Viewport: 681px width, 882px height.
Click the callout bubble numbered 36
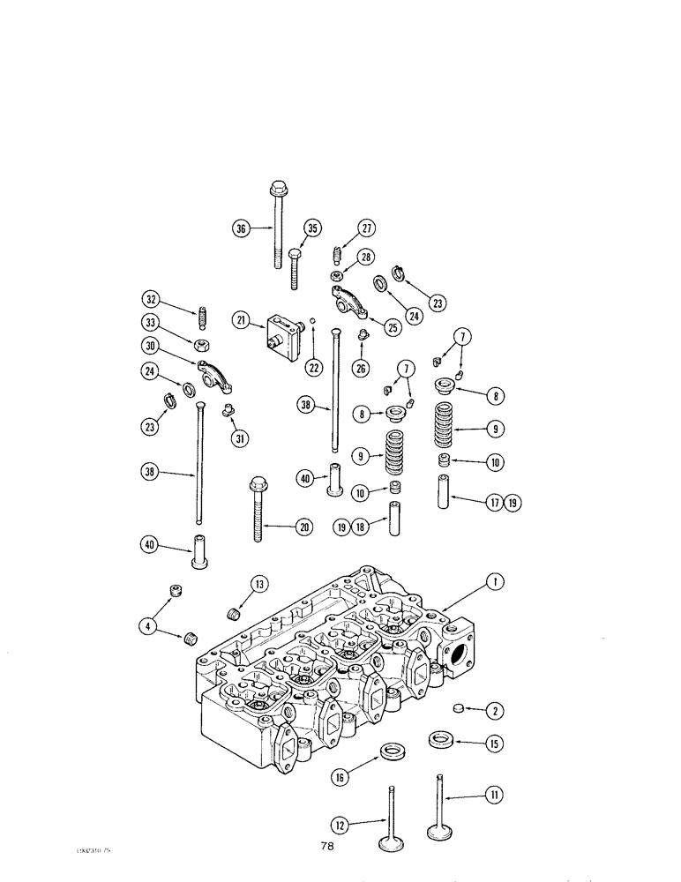(x=240, y=228)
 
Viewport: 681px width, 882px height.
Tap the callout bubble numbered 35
(x=311, y=228)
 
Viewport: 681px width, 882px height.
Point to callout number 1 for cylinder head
(x=496, y=582)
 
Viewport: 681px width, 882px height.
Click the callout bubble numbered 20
(x=303, y=527)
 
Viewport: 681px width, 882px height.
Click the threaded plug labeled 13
(x=236, y=610)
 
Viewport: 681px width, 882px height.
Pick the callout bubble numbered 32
(x=152, y=298)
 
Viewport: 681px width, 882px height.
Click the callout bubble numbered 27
(x=366, y=228)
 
